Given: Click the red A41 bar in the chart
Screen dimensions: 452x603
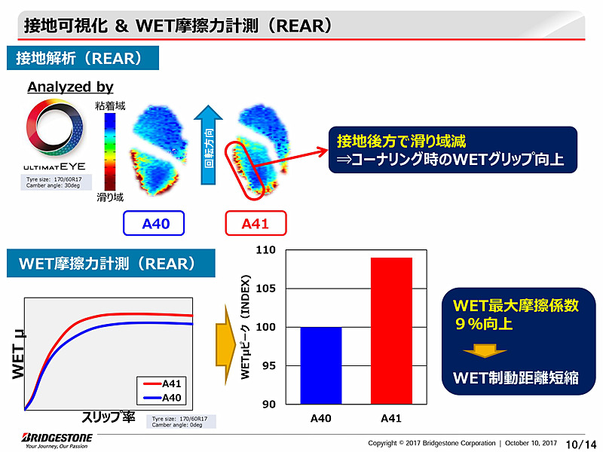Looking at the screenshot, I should [x=391, y=331].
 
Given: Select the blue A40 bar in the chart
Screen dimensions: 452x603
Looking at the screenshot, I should [x=320, y=365].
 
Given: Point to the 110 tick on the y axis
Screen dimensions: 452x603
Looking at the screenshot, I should [x=269, y=250].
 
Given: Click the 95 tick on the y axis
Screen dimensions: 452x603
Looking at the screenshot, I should [x=269, y=366].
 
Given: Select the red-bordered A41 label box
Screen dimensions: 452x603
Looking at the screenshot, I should [x=256, y=224].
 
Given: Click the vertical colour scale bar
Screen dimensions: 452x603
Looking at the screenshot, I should [x=110, y=151].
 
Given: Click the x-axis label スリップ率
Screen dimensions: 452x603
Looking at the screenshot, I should [x=108, y=417].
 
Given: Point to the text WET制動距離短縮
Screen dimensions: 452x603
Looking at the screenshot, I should [x=516, y=377].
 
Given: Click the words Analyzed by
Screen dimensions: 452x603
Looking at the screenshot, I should [x=70, y=87].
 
